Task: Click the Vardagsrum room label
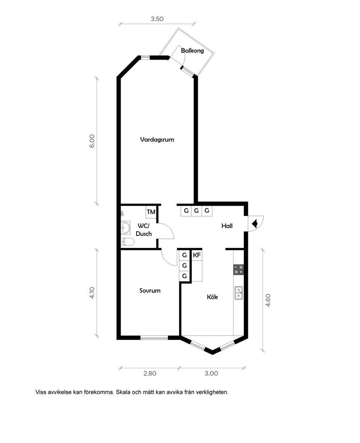157,140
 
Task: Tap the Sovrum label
150,290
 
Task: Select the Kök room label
212,297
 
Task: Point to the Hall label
227,226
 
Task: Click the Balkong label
192,51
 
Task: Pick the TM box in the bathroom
151,212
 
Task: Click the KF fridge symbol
197,255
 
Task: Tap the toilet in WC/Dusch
127,242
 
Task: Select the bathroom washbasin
126,228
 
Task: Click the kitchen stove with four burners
238,270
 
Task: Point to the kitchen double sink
238,293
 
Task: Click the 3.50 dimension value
157,19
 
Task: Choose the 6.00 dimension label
92,141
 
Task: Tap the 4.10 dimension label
92,293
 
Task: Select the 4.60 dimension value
268,300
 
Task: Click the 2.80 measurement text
150,373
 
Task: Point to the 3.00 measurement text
211,373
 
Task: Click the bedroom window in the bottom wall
154,338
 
